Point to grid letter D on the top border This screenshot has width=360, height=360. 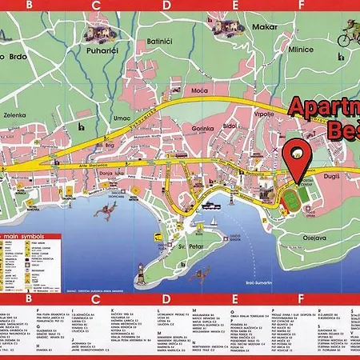tap(166, 4)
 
